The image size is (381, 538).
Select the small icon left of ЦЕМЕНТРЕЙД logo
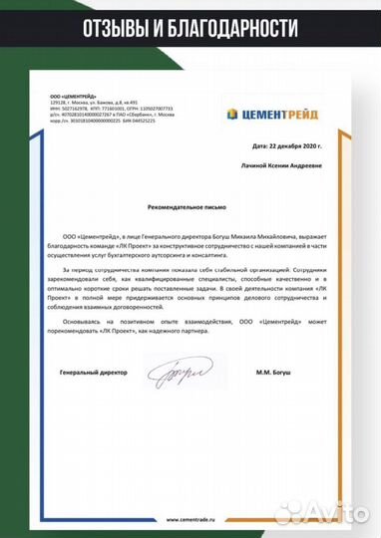(x=234, y=113)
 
